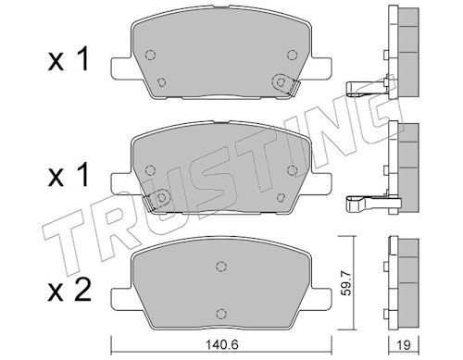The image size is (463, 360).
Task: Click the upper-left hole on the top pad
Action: coord(152,52)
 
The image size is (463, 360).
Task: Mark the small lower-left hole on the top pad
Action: coord(162,82)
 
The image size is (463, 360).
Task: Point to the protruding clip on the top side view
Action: coord(366,89)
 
